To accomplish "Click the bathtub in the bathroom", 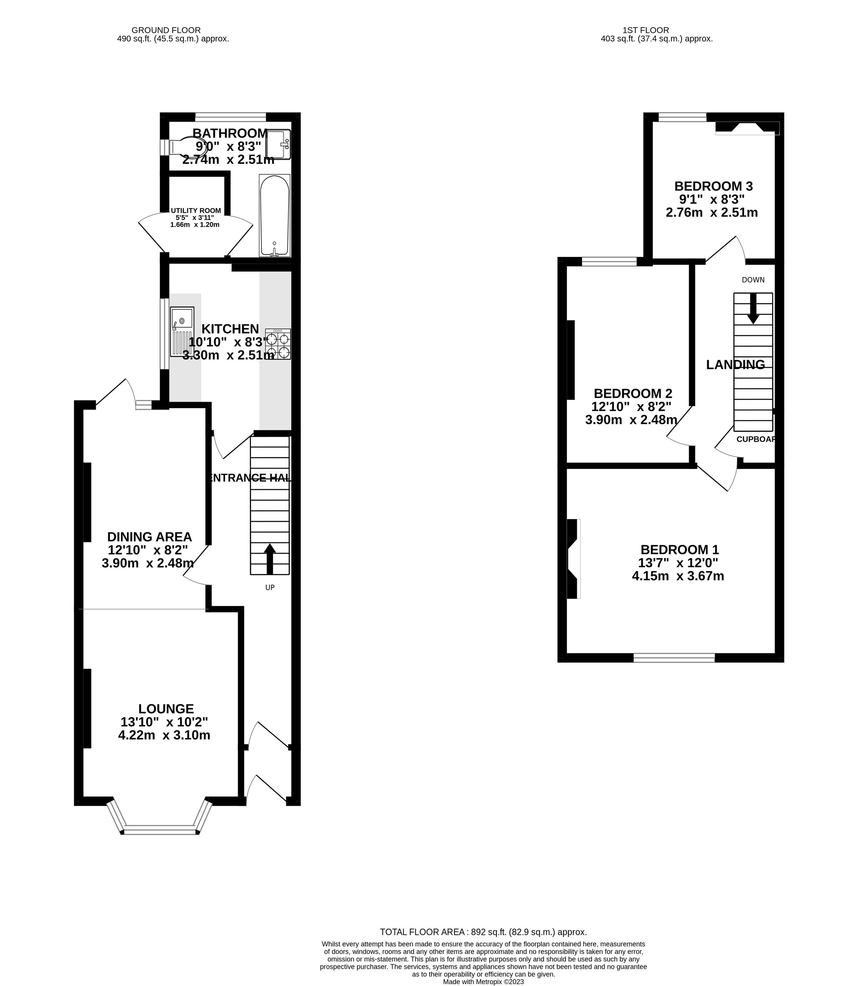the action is click(x=274, y=215).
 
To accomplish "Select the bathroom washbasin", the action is click(x=278, y=144).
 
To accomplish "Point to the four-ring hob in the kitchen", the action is click(x=278, y=344).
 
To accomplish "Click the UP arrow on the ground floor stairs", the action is click(x=270, y=559).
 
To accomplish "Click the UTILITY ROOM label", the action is click(x=196, y=210).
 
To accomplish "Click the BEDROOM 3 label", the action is click(x=714, y=186).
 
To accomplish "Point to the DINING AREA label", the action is click(x=149, y=537).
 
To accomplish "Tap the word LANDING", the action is click(x=735, y=364).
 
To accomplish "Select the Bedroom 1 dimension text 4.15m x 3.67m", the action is click(x=678, y=576).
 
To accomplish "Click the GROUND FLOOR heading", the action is click(x=166, y=30).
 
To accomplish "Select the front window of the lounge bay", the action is click(x=160, y=831).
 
